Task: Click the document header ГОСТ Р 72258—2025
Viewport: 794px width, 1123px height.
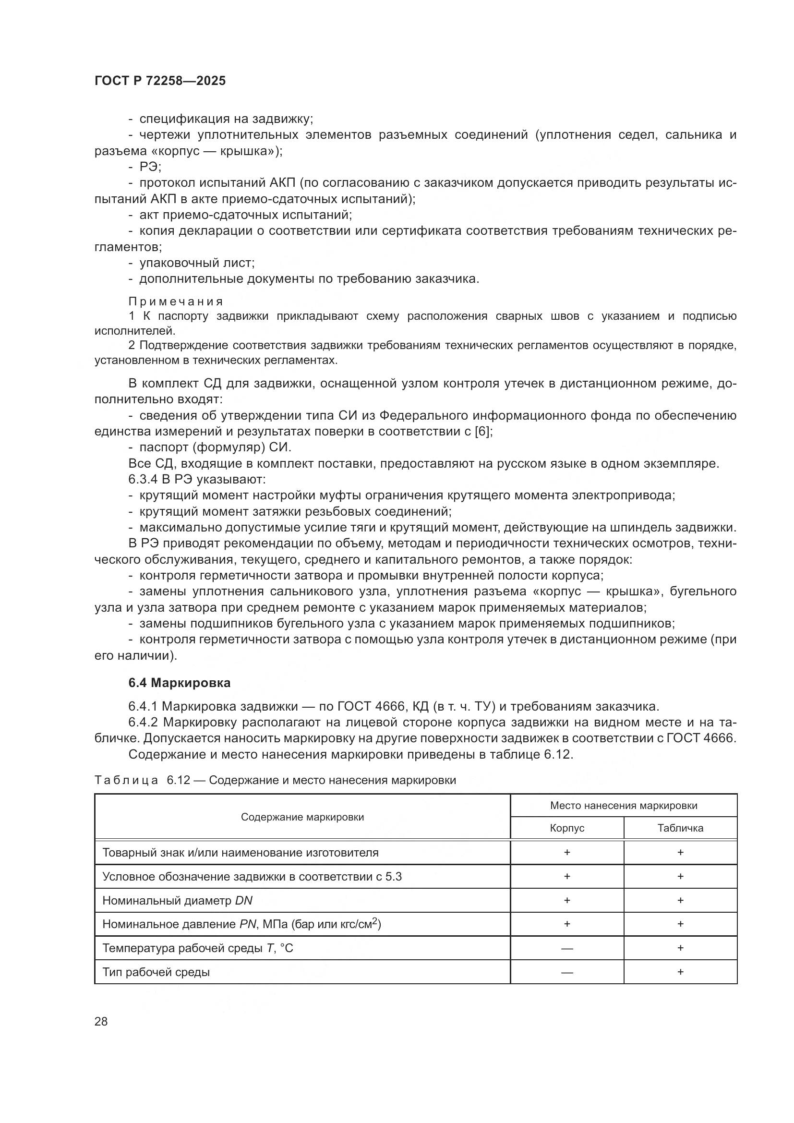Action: point(160,81)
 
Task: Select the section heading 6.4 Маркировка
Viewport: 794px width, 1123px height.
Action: point(180,683)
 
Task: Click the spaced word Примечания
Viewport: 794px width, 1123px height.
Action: point(176,302)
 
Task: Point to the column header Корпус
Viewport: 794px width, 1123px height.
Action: point(566,828)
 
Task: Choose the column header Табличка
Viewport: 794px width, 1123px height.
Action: point(680,828)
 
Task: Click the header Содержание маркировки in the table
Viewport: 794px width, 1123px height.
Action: point(302,817)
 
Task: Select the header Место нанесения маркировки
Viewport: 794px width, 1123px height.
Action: point(624,806)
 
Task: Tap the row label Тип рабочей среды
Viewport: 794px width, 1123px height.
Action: point(156,972)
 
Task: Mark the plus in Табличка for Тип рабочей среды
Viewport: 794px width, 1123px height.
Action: point(680,972)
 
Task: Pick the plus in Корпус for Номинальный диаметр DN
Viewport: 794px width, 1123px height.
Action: point(566,900)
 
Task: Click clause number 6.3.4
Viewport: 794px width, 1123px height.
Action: point(143,479)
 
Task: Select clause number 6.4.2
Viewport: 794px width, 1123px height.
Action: point(143,723)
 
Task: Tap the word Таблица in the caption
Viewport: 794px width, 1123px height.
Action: point(126,780)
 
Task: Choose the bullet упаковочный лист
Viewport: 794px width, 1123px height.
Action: point(196,263)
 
